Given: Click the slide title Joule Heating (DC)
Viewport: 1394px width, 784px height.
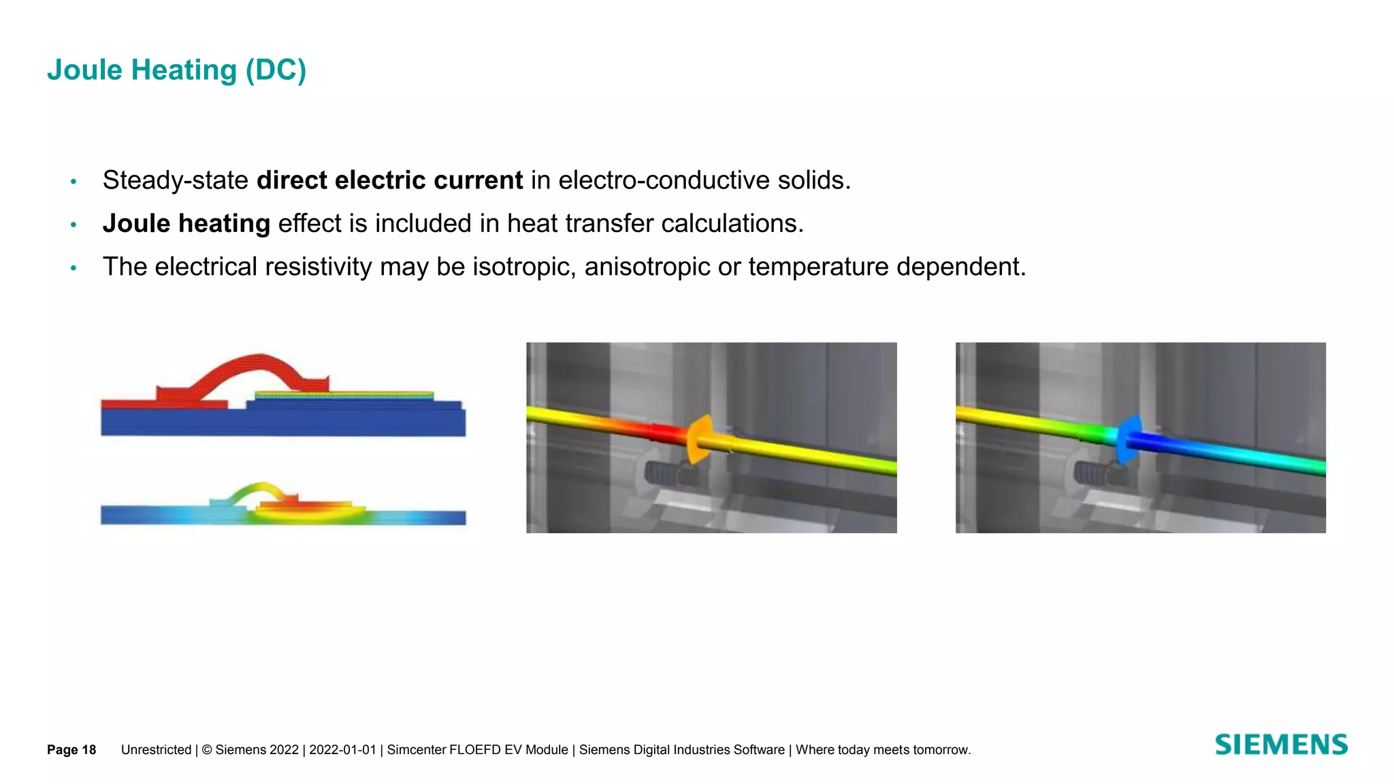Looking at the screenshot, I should click(176, 70).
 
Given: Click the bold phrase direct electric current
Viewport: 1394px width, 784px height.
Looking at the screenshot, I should click(389, 180).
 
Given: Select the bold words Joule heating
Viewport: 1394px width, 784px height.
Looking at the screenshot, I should click(186, 224).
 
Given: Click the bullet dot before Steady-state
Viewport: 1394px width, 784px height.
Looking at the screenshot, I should click(74, 182).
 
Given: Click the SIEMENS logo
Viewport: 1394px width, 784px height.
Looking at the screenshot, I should click(1280, 745).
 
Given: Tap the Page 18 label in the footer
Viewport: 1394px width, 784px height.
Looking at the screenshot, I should click(71, 750).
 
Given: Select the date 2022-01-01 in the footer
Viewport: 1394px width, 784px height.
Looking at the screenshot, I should click(342, 750).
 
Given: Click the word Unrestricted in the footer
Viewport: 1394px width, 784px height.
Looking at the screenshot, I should click(156, 750).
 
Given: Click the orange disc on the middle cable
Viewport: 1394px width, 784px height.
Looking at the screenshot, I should click(700, 440).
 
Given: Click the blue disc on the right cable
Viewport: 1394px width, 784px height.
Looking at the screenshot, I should click(1128, 439).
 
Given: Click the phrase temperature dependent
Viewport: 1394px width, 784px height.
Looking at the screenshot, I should click(886, 267).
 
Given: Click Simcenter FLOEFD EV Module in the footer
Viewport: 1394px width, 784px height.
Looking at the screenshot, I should click(477, 750).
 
